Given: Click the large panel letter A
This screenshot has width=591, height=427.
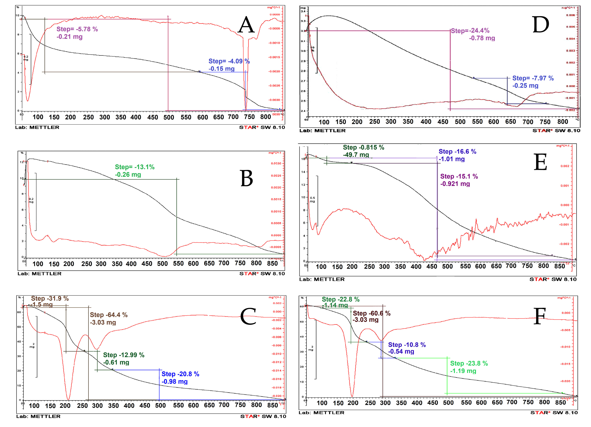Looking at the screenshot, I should click(246, 25).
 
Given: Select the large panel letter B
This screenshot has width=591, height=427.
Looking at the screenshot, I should click(247, 179).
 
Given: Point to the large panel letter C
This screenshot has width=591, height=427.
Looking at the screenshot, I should click(248, 316).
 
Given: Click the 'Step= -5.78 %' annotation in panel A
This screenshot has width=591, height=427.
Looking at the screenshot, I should click(77, 29).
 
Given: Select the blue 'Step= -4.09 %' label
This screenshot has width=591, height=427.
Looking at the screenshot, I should click(229, 61).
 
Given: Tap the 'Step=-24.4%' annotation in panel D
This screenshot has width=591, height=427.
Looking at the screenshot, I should click(470, 31).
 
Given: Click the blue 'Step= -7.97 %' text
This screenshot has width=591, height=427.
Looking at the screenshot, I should click(533, 78).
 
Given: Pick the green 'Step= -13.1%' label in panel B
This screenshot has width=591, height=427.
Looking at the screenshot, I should click(135, 167).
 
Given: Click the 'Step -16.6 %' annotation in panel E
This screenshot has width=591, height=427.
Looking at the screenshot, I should click(457, 152).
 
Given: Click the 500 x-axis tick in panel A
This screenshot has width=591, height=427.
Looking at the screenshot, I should click(169, 117).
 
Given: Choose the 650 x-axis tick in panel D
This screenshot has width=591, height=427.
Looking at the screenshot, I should click(510, 122).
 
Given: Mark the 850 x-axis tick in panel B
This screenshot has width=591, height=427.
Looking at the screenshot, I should click(272, 263).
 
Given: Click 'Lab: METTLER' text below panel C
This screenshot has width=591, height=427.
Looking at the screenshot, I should click(38, 416).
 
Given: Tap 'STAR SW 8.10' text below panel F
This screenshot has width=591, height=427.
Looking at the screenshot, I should click(554, 413).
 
